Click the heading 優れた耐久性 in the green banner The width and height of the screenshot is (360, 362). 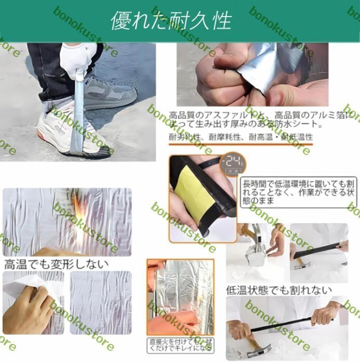[171, 21]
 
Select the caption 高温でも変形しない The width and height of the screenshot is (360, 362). [57, 263]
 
